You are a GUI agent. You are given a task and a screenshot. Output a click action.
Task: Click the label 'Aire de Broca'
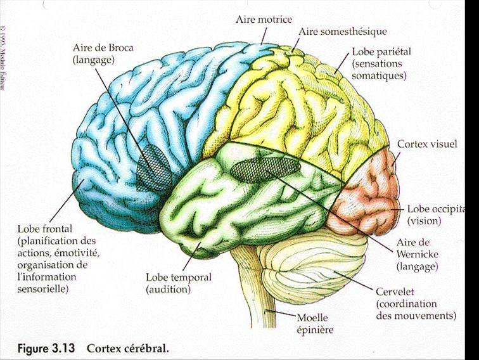coord(98,49)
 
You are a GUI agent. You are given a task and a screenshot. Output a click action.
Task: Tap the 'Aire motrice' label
coord(261,20)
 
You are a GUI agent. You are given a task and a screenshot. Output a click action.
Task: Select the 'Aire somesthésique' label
coord(342,31)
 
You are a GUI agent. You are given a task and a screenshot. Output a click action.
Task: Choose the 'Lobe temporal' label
coord(179,278)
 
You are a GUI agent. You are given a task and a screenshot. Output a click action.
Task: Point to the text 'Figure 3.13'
coord(46,349)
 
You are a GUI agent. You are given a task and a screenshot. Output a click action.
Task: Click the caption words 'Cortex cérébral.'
coord(128,349)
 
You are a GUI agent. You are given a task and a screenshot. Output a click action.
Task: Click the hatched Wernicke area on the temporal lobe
coord(263,167)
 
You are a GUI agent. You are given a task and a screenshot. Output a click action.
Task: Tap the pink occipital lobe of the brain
coord(367,190)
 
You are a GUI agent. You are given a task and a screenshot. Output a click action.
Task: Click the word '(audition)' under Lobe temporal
coord(168,290)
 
